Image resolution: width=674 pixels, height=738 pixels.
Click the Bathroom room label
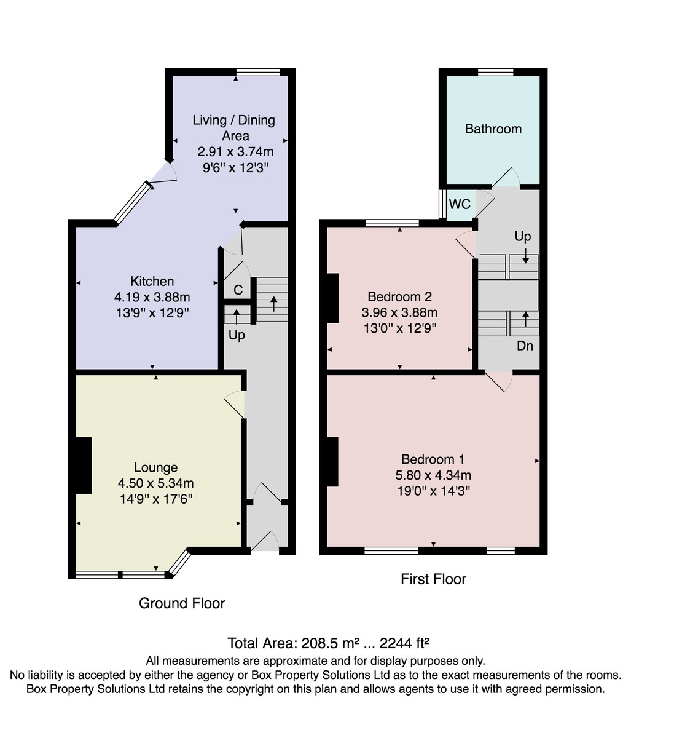(493, 129)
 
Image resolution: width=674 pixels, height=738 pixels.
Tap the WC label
(460, 204)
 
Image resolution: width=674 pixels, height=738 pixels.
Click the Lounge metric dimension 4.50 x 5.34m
(156, 483)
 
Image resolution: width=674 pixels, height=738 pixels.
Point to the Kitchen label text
(152, 282)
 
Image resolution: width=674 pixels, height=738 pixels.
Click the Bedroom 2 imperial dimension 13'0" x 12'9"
(400, 328)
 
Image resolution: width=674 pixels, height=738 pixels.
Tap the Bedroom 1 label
(433, 459)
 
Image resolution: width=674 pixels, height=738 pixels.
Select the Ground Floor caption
(182, 603)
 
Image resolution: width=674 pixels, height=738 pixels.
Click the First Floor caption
(433, 579)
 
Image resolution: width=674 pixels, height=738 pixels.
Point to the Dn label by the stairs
(525, 346)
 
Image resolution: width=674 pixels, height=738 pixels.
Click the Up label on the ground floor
(237, 335)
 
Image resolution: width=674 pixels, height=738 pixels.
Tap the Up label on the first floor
(522, 236)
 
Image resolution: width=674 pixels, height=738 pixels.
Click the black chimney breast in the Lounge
(84, 465)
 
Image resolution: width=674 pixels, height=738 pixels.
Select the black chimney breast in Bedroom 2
(332, 298)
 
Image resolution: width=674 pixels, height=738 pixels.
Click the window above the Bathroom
(495, 72)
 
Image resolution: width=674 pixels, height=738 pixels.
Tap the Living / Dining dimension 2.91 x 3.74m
(235, 151)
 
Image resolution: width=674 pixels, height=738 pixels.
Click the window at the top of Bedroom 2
(393, 223)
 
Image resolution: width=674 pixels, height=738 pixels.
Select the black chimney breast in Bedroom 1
(332, 462)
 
